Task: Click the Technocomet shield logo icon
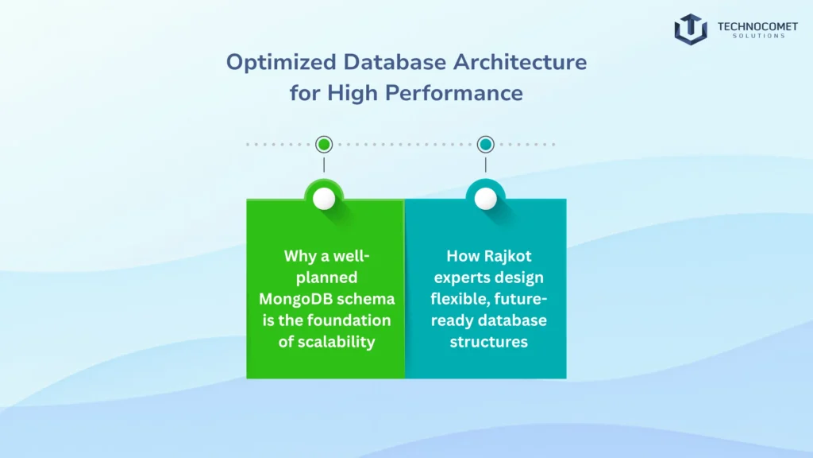pyautogui.click(x=690, y=29)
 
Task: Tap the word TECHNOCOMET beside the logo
pyautogui.click(x=752, y=25)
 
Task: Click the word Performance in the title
pyautogui.click(x=454, y=93)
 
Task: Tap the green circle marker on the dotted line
pyautogui.click(x=324, y=145)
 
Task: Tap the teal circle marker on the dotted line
pyautogui.click(x=486, y=145)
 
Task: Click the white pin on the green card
pyautogui.click(x=324, y=199)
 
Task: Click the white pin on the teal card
pyautogui.click(x=486, y=199)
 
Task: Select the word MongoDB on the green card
pyautogui.click(x=294, y=299)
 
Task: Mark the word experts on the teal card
pyautogui.click(x=464, y=278)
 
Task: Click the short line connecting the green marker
pyautogui.click(x=324, y=165)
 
